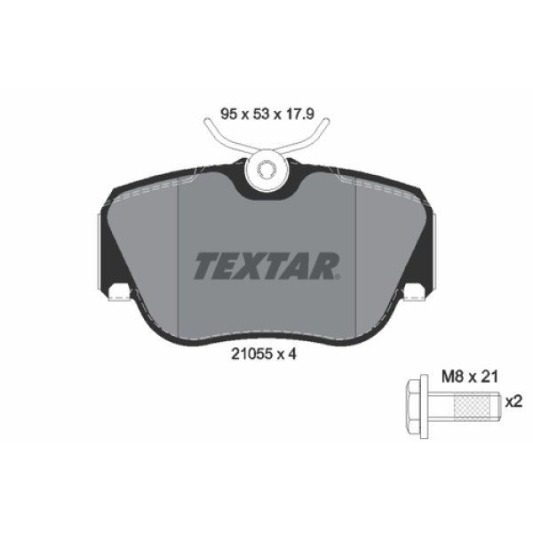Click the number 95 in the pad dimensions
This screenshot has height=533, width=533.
pos(227,113)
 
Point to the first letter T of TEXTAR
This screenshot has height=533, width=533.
pos(203,264)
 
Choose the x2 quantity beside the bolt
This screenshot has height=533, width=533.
pos(513,402)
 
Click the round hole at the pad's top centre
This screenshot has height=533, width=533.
pos(266,171)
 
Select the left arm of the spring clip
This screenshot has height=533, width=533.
pos(218,139)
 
